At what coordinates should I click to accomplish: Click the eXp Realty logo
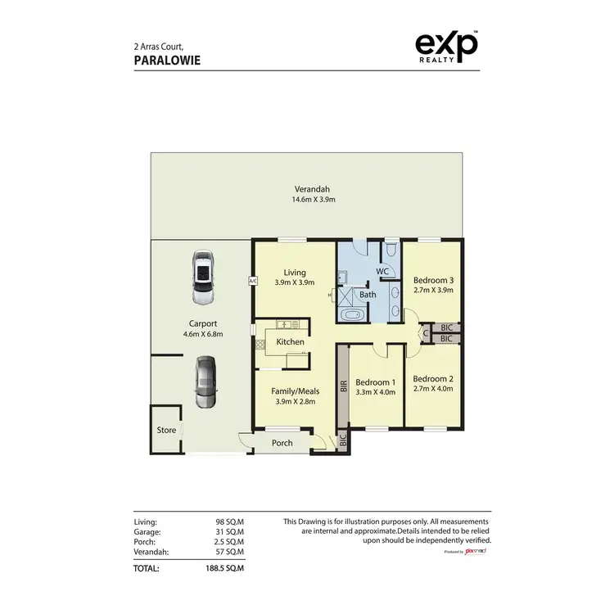pos(446,48)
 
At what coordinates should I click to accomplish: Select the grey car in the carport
pos(205,381)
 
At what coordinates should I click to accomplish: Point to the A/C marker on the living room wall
pos(252,281)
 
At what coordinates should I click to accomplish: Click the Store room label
pos(166,429)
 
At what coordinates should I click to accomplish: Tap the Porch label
pos(281,443)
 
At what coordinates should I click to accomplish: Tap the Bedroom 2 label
pos(431,379)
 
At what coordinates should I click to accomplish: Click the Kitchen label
pos(290,341)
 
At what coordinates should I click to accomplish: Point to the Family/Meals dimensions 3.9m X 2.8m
pos(295,402)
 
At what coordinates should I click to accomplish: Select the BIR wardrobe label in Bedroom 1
pos(344,384)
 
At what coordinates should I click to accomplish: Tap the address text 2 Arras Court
pos(164,47)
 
